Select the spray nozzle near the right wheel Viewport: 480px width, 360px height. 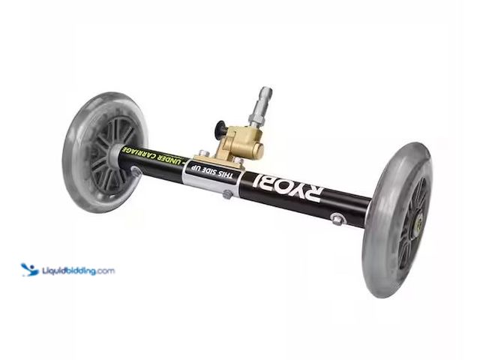pyautogui.click(x=339, y=218)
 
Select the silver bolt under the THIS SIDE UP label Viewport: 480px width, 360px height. pyautogui.click(x=227, y=194)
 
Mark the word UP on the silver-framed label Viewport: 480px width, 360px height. pyautogui.click(x=202, y=169)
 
